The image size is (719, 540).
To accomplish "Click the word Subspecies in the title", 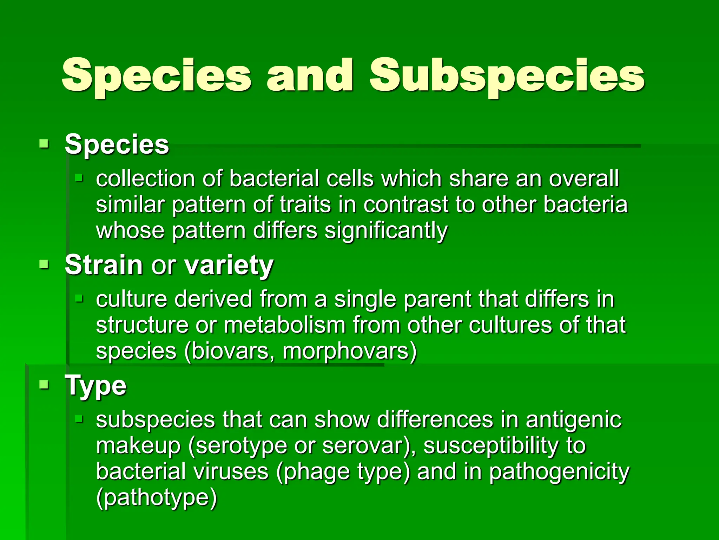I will (x=507, y=76).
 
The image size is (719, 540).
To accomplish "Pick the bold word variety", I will (x=229, y=265).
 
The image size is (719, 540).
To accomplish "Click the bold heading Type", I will (x=95, y=386).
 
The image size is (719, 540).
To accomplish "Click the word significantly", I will (x=386, y=231).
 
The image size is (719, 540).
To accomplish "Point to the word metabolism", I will (x=284, y=325).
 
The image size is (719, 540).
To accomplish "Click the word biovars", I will (x=230, y=351).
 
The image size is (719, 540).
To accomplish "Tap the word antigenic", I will (x=573, y=420).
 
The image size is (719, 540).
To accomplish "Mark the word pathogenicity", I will (x=559, y=472).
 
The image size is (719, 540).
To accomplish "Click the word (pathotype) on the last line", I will (x=157, y=497).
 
